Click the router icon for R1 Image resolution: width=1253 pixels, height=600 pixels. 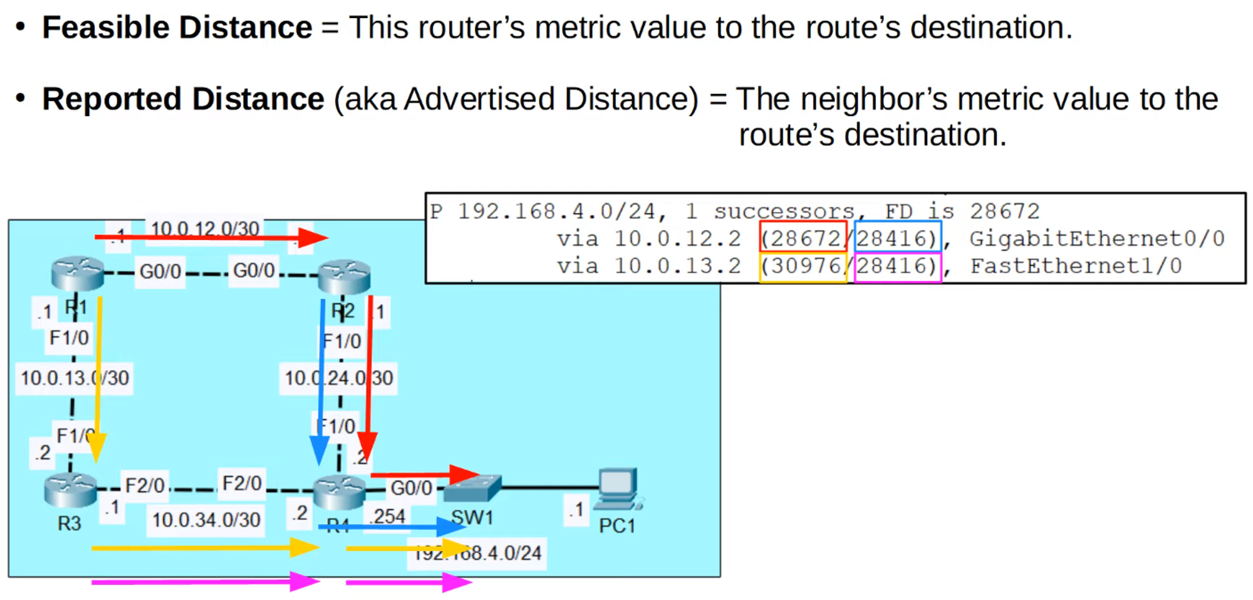(78, 273)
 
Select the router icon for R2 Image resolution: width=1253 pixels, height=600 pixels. (344, 276)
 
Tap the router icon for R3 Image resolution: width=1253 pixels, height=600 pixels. (70, 490)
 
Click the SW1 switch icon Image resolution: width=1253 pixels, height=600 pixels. (474, 488)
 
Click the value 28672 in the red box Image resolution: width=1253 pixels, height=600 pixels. (804, 238)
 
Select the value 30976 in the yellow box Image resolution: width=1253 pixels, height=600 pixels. (804, 266)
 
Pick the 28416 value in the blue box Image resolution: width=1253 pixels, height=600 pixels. (896, 238)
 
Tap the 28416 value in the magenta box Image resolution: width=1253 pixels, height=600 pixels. (896, 266)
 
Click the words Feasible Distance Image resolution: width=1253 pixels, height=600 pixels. (177, 28)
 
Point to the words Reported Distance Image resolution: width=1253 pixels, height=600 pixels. (183, 99)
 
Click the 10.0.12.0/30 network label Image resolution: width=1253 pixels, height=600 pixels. (205, 228)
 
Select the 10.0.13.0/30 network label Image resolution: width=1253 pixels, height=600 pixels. (75, 378)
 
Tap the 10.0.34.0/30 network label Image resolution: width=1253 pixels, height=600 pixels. (206, 520)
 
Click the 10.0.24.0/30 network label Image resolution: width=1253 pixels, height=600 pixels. (338, 378)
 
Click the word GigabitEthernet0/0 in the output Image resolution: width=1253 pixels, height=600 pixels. (1096, 238)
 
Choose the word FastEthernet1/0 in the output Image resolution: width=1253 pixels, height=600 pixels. (1076, 266)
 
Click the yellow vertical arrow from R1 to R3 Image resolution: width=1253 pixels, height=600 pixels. (98, 376)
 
